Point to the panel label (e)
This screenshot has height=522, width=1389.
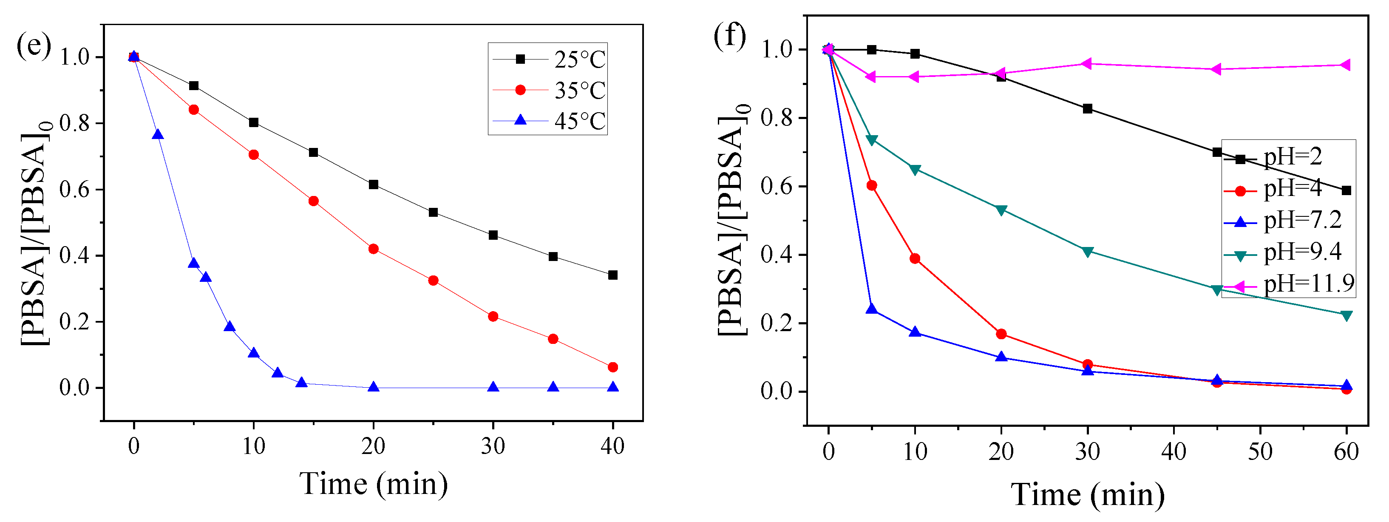34,45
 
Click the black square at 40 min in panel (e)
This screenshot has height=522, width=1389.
612,275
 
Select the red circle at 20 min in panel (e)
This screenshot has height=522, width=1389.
373,249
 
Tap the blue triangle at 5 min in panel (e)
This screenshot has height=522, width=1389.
193,263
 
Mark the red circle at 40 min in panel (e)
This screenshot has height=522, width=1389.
612,367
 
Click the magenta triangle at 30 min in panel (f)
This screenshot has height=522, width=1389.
1087,64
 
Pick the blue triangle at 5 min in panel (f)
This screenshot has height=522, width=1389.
871,309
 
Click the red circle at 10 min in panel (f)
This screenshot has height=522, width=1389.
915,259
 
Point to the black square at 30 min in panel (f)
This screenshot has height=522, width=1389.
1088,109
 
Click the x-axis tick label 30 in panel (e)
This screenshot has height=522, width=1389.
493,446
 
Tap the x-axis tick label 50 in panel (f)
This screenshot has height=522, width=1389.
1260,452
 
